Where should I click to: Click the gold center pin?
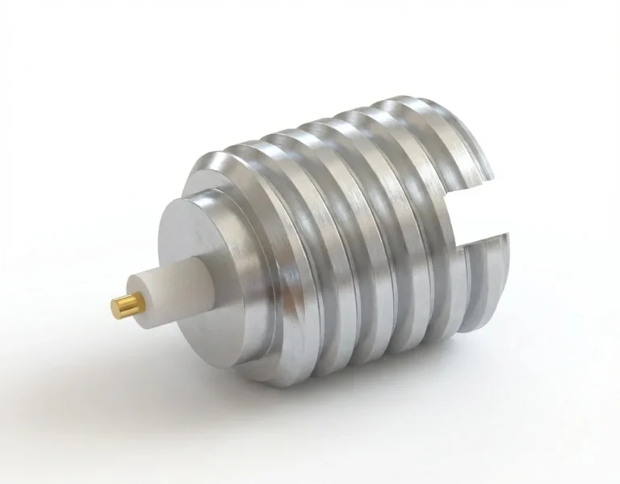[126, 306]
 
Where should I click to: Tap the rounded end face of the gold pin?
[115, 307]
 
